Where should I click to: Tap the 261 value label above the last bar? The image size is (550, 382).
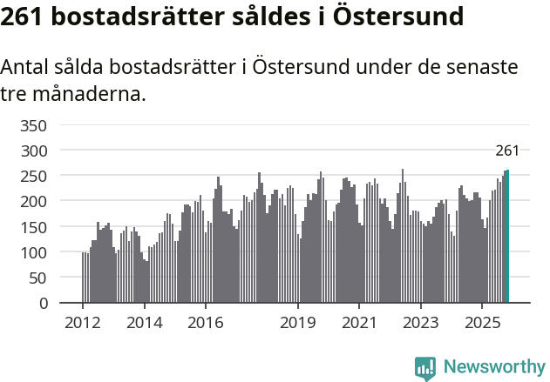pos(507,151)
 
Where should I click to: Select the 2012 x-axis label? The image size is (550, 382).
pos(83,323)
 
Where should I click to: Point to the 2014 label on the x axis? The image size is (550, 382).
pos(144,323)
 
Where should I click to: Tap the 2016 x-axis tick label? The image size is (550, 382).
pos(206,323)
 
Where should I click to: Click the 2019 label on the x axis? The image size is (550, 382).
pos(298,323)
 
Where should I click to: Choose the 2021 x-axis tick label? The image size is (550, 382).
pos(359,323)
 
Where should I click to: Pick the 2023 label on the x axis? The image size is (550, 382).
pos(421,323)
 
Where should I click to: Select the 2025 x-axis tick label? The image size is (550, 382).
pos(482,323)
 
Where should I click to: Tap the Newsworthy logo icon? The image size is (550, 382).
pos(425,367)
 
